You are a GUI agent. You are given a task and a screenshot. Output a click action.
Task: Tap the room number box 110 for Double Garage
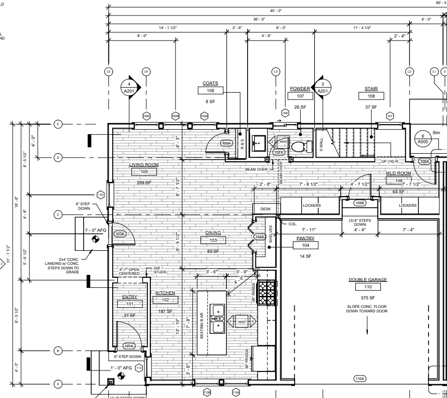(x=367, y=287)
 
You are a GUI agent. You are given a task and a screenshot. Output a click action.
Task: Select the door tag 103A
(x=120, y=234)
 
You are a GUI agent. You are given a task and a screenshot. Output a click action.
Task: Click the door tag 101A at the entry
(x=129, y=345)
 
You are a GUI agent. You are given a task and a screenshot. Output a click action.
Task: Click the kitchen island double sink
(x=218, y=318)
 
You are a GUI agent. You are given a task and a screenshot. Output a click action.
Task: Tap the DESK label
(x=265, y=209)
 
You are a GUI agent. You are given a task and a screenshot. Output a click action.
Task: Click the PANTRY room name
(x=305, y=238)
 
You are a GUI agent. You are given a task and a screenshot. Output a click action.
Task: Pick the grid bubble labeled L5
(x=108, y=72)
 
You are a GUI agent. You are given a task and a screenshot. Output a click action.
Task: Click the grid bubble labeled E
(x=58, y=124)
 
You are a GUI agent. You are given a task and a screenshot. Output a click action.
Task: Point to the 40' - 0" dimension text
(x=276, y=11)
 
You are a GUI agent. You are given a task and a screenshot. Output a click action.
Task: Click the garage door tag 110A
(x=360, y=378)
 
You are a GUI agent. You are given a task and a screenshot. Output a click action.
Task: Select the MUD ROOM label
(x=398, y=173)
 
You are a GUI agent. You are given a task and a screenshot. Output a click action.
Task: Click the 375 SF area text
(x=367, y=298)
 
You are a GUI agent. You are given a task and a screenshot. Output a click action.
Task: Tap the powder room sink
(x=260, y=142)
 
